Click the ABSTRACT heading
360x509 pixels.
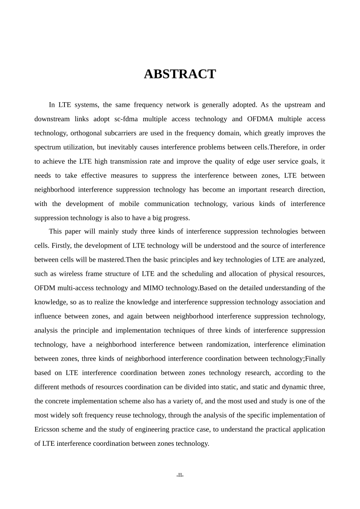click(180, 74)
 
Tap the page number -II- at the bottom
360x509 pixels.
click(180, 475)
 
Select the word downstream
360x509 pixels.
click(52, 119)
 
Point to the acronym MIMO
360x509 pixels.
click(153, 288)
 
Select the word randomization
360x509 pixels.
click(226, 345)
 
